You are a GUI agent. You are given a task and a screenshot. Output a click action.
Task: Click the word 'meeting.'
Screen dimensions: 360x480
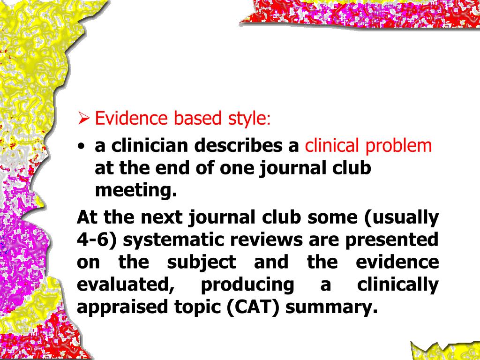tap(136, 191)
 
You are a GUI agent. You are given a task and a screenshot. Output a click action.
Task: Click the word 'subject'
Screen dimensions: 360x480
tap(202, 262)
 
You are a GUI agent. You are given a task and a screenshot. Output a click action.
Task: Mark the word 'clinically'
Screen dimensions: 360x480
tap(397, 285)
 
